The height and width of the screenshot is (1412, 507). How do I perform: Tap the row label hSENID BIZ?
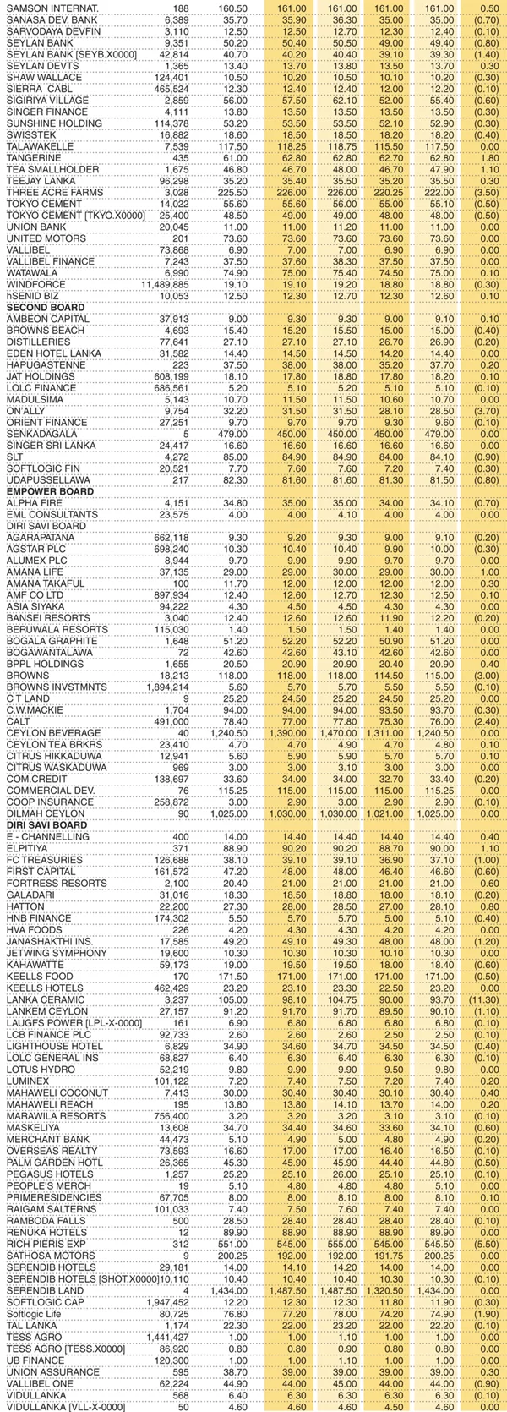click(35, 296)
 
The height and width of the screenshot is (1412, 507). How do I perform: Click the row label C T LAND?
click(29, 698)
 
